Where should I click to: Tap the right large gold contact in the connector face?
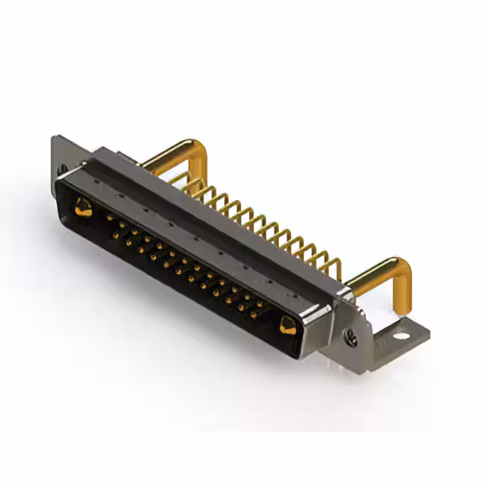pyautogui.click(x=288, y=326)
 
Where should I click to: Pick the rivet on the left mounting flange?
pyautogui.click(x=62, y=168)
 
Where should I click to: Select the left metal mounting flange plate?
pyautogui.click(x=64, y=155)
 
